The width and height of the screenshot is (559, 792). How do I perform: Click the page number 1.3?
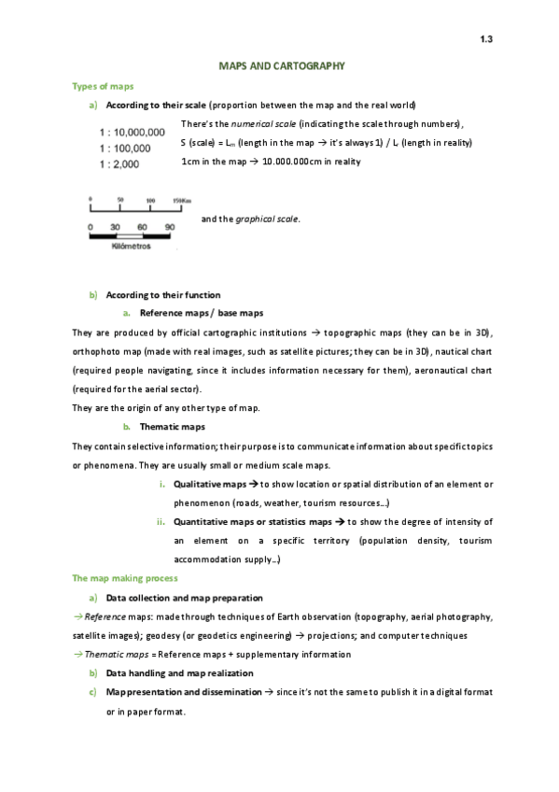pyautogui.click(x=485, y=38)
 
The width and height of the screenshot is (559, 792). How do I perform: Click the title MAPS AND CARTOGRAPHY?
pyautogui.click(x=282, y=66)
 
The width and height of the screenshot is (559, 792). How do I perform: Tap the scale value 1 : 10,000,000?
pyautogui.click(x=132, y=133)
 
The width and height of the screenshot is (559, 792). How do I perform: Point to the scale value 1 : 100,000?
pyautogui.click(x=125, y=148)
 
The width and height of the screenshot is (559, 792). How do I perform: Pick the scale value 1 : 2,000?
pyautogui.click(x=119, y=163)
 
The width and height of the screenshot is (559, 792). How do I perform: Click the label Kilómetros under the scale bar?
pyautogui.click(x=132, y=247)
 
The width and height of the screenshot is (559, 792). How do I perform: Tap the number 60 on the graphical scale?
pyautogui.click(x=143, y=227)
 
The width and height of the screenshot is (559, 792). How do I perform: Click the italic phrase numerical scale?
pyautogui.click(x=263, y=123)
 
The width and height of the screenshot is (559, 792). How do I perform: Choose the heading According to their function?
pyautogui.click(x=163, y=295)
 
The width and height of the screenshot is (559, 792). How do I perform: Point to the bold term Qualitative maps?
pyautogui.click(x=210, y=485)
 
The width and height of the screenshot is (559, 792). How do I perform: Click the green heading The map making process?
pyautogui.click(x=125, y=578)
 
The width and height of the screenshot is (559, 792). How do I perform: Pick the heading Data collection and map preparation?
pyautogui.click(x=184, y=598)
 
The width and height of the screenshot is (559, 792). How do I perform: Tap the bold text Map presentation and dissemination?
pyautogui.click(x=184, y=692)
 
